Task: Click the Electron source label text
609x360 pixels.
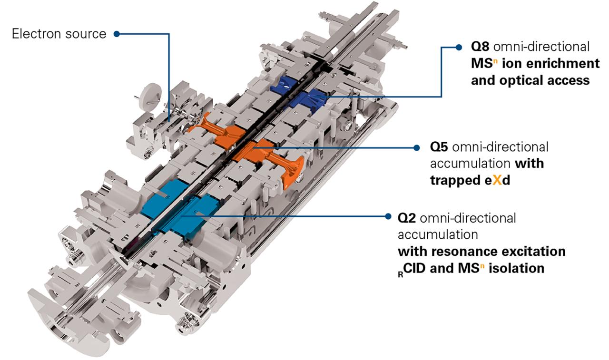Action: (59, 34)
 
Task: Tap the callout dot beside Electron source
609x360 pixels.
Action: (117, 34)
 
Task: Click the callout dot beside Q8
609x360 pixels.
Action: (459, 47)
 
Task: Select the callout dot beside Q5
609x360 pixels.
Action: (417, 147)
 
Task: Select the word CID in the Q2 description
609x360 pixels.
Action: (418, 268)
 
